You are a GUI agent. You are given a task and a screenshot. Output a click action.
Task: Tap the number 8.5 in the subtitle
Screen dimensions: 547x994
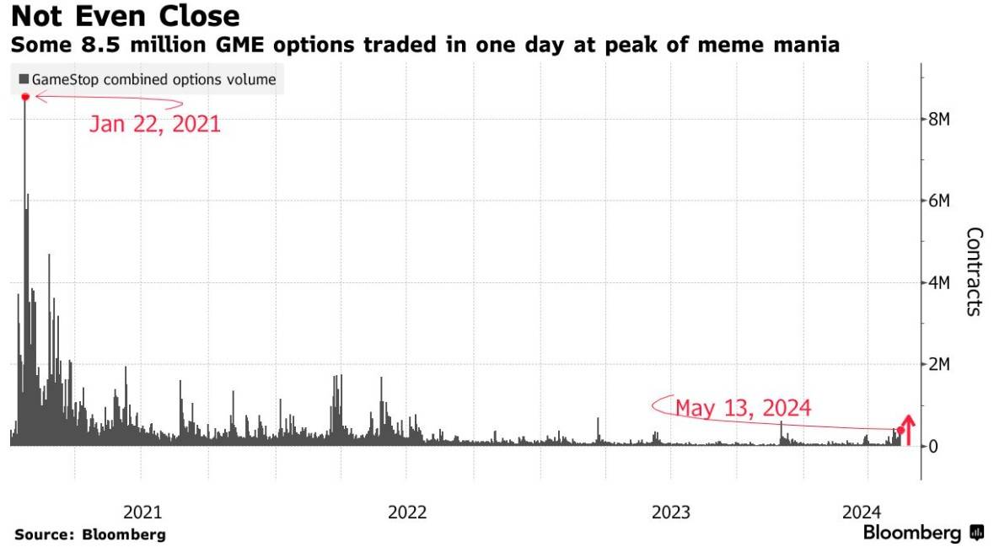100,46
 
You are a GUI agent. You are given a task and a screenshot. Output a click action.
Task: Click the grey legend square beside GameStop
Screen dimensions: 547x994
24,80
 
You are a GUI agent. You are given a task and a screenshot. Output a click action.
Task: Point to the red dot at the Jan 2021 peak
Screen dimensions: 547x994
25,98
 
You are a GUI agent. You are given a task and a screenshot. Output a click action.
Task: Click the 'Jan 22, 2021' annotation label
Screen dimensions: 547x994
154,125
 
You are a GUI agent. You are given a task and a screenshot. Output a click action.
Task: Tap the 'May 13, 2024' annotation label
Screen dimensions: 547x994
743,409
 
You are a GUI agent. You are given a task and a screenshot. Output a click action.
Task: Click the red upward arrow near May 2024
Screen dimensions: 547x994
908,428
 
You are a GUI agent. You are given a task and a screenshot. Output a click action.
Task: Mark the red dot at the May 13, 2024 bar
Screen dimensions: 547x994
900,431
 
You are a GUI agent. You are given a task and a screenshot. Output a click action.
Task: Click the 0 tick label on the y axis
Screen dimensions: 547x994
932,446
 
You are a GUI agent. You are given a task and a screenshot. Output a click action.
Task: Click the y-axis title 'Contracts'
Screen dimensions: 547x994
974,271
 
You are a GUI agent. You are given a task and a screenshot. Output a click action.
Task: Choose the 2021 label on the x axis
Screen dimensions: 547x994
142,512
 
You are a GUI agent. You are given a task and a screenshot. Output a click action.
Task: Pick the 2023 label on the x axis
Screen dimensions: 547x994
671,512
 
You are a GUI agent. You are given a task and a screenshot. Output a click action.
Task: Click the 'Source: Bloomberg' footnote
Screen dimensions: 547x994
90,534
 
